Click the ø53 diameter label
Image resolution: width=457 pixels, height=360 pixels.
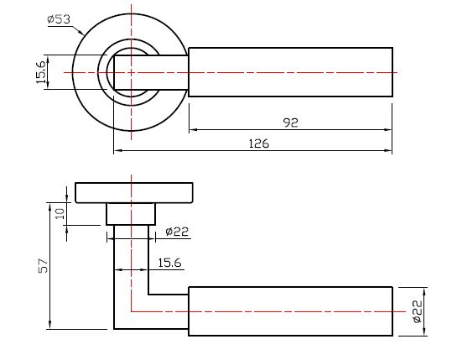pyautogui.click(x=59, y=19)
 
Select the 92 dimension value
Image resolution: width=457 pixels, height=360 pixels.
pyautogui.click(x=291, y=123)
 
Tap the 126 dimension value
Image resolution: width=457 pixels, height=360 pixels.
pyautogui.click(x=259, y=143)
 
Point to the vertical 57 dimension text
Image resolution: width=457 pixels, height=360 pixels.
pyautogui.click(x=43, y=265)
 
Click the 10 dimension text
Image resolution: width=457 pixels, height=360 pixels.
pyautogui.click(x=60, y=214)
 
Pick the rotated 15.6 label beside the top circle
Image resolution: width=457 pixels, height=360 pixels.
pyautogui.click(x=41, y=72)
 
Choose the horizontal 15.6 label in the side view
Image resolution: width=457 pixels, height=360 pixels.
pyautogui.click(x=169, y=263)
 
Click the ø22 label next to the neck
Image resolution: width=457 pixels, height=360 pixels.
pyautogui.click(x=177, y=232)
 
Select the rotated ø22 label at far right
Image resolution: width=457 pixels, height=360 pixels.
pyautogui.click(x=418, y=311)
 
